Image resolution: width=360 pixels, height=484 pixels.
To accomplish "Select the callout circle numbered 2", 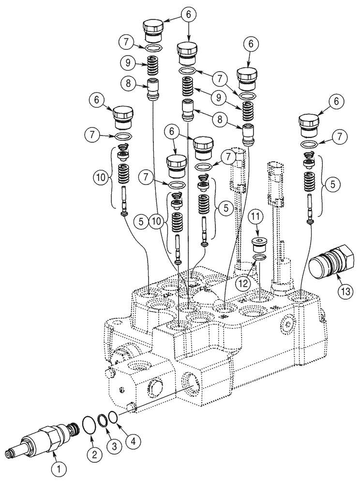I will (95, 454).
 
